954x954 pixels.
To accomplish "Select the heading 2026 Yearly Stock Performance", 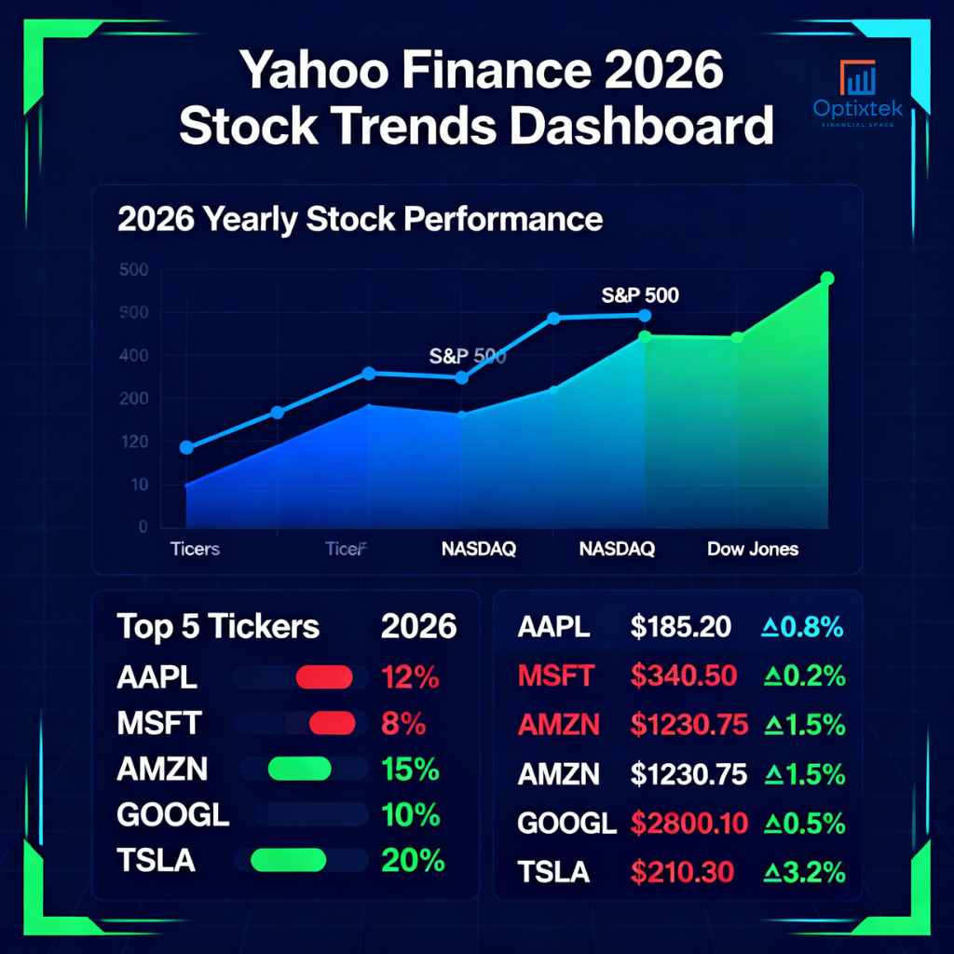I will click(x=360, y=220).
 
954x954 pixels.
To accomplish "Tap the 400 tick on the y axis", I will click(x=133, y=355).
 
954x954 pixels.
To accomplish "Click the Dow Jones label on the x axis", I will click(x=752, y=549).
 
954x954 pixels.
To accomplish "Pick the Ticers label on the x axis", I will click(x=195, y=549).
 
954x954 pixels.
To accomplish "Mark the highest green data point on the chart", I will click(x=826, y=279).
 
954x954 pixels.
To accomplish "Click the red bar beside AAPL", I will click(x=323, y=677).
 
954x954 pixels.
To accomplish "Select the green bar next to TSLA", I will click(x=288, y=860).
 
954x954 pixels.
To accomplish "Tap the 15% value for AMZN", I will click(x=411, y=770).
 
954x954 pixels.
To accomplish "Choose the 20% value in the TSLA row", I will click(x=414, y=860).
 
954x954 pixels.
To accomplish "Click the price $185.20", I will click(x=680, y=628).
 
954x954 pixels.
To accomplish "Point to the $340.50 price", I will click(x=684, y=676).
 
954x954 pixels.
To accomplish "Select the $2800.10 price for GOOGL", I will click(x=690, y=823).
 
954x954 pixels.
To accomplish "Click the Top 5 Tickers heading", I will click(x=218, y=627).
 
